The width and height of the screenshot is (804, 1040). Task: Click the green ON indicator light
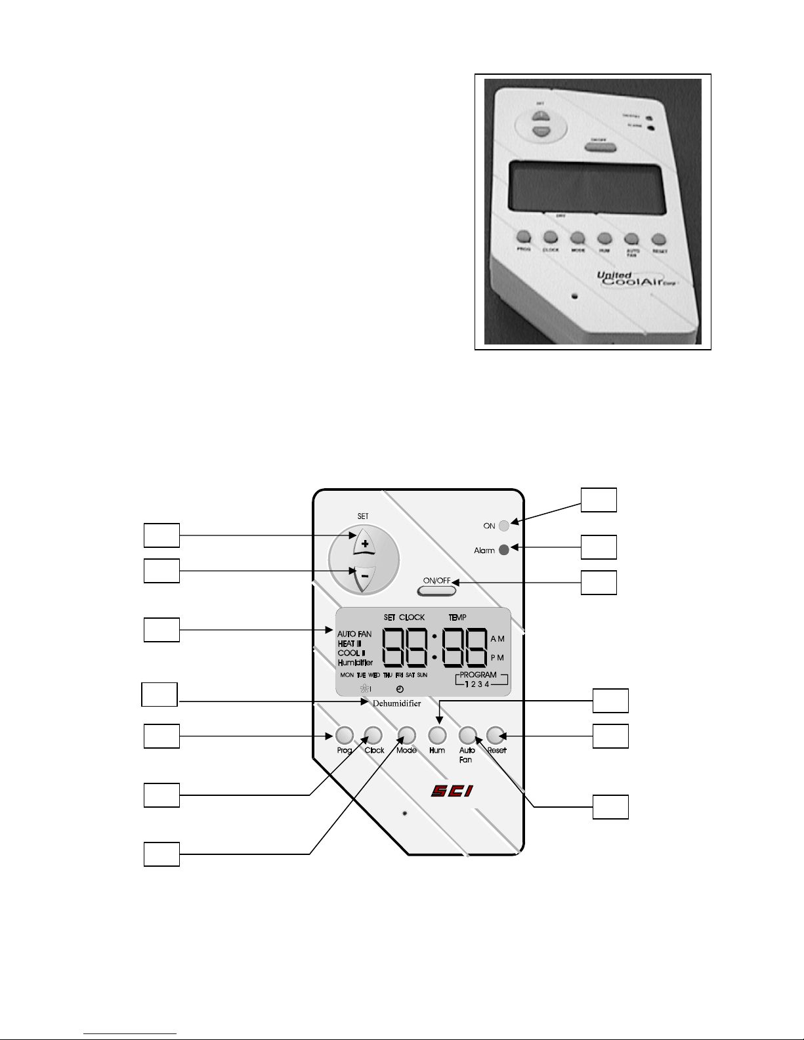pos(504,526)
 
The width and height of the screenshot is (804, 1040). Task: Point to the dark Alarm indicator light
pos(504,550)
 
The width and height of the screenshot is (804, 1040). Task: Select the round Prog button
pos(345,734)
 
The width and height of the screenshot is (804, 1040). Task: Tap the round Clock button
pos(373,734)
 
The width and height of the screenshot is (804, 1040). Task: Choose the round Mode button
pos(407,734)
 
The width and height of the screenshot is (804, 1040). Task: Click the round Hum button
pos(437,734)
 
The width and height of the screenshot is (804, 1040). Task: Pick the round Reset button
pos(496,734)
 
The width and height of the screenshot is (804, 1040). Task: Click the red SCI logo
pos(452,791)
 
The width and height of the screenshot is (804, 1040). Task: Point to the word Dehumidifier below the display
pos(397,703)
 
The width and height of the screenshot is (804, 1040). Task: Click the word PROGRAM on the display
pos(478,675)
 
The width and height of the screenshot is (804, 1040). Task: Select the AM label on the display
pos(497,638)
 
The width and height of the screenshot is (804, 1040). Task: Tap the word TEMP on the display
pos(457,617)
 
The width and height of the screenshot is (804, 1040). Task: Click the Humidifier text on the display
pos(355,663)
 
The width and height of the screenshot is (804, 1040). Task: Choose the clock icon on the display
pos(400,689)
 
